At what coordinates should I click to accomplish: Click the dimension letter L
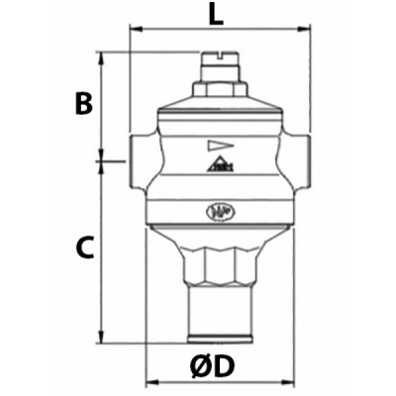(217, 15)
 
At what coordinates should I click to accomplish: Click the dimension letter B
(85, 102)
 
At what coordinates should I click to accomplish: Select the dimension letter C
(85, 247)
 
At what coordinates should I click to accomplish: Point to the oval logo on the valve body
(216, 210)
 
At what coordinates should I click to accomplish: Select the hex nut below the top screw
(216, 86)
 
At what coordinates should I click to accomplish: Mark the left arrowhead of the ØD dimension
(151, 381)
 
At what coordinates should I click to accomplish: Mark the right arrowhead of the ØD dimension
(280, 381)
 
